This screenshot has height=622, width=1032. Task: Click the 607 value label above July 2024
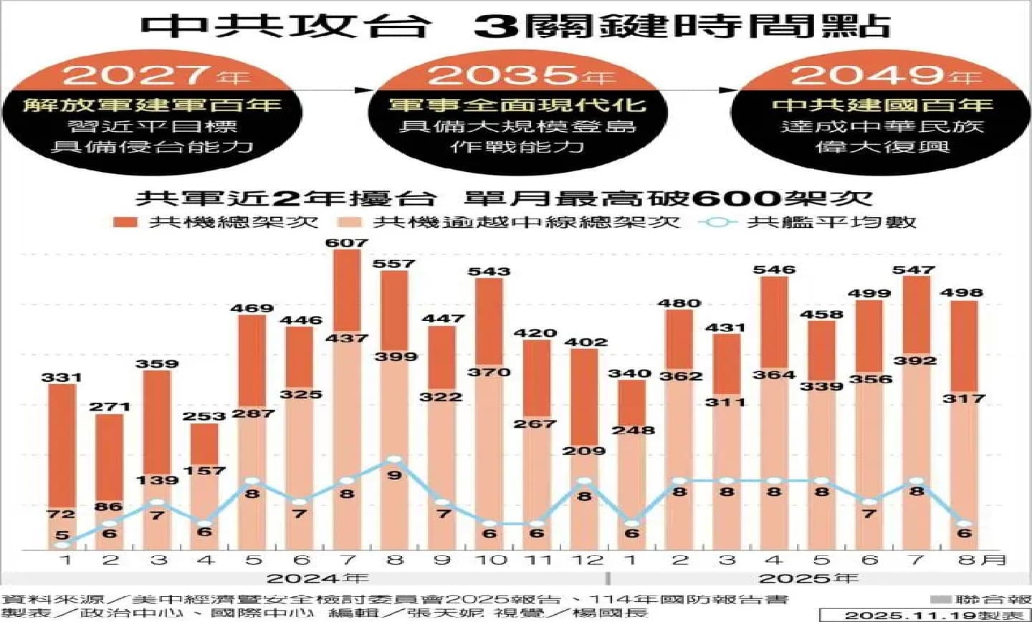[347, 243]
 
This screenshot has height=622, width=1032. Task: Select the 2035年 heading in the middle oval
[520, 75]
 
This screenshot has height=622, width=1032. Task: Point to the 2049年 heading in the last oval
[886, 75]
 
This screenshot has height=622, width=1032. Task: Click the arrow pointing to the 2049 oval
[728, 90]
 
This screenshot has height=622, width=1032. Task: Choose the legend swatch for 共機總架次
[125, 222]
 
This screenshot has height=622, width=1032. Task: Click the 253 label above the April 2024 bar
[204, 416]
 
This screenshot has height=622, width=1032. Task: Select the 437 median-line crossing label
[347, 337]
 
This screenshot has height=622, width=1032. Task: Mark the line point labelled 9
[393, 459]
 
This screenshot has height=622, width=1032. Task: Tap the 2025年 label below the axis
[808, 578]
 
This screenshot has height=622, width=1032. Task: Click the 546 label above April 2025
[774, 269]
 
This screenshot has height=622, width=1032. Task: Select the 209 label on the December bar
[585, 451]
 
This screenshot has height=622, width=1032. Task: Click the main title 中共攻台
[286, 26]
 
